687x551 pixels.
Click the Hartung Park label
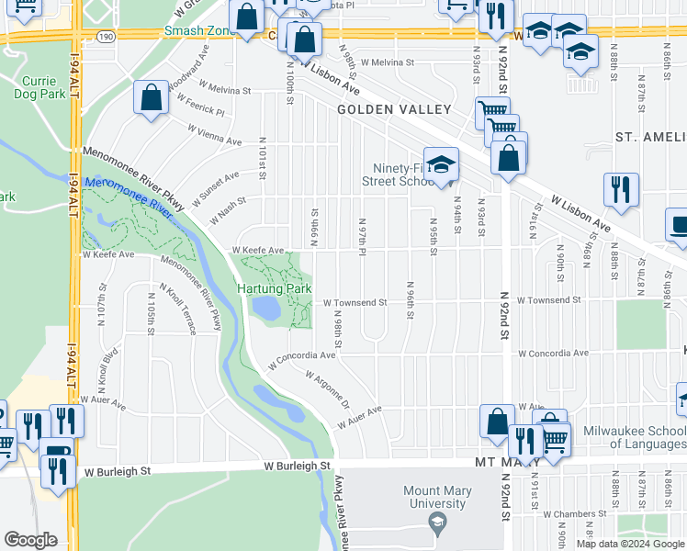(x=276, y=289)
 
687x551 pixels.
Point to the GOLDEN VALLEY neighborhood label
(x=394, y=109)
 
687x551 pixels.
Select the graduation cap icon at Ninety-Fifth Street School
(x=441, y=166)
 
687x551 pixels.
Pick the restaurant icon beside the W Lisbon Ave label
(x=621, y=190)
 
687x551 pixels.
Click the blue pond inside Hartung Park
(x=265, y=308)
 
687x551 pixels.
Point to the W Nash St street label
(x=227, y=210)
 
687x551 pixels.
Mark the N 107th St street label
(x=103, y=304)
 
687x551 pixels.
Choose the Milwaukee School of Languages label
(x=635, y=438)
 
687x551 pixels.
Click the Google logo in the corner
(x=31, y=540)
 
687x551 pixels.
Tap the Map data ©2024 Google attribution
(x=629, y=544)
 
